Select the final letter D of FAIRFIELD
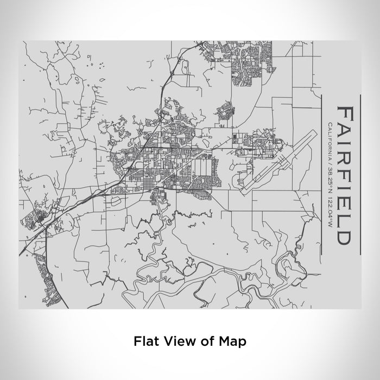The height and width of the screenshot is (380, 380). [x=344, y=237]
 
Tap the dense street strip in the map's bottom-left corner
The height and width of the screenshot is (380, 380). [x=41, y=277]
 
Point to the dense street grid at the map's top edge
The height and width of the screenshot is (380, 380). [x=250, y=60]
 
